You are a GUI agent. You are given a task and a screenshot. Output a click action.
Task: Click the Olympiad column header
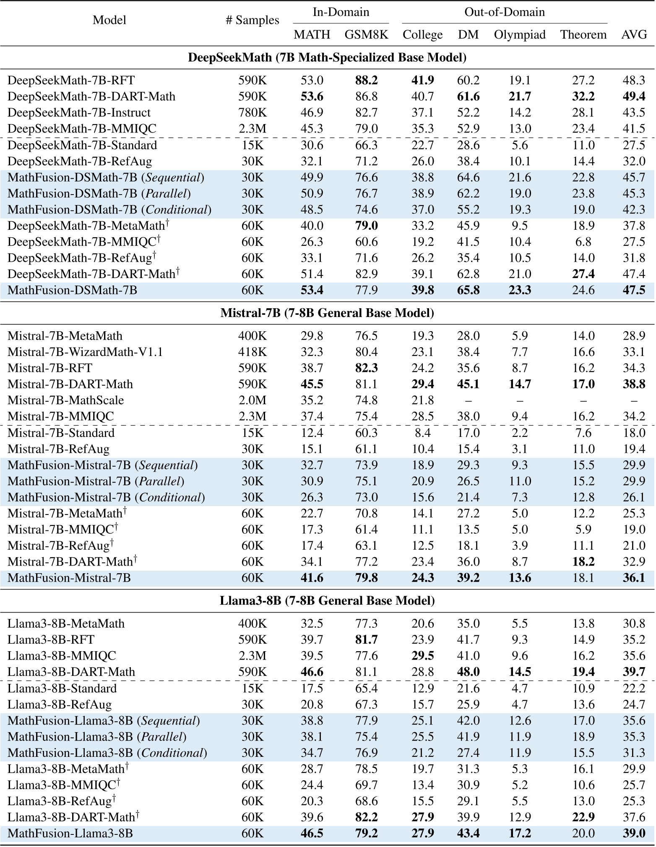[x=519, y=34]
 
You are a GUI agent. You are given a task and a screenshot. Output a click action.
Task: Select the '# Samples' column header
[x=252, y=20]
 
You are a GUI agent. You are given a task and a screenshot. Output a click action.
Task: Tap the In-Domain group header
[x=341, y=12]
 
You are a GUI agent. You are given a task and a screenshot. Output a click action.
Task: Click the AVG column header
[x=634, y=34]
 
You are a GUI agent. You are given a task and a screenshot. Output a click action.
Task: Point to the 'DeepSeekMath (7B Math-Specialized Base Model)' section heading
[x=327, y=57]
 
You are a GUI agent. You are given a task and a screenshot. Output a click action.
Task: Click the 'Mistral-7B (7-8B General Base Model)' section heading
[x=327, y=313]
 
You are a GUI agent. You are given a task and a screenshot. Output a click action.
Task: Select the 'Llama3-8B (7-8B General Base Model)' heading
[x=327, y=601]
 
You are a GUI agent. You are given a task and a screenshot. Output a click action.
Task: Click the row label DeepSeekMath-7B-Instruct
[x=79, y=112]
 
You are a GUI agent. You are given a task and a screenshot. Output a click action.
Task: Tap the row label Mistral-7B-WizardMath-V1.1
[x=85, y=352]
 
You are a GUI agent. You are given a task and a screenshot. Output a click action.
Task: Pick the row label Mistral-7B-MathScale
[x=66, y=400]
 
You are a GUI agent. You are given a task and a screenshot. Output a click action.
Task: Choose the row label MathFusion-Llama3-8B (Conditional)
[x=107, y=753]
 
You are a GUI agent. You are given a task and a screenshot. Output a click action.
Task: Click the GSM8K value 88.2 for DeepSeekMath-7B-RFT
[x=366, y=80]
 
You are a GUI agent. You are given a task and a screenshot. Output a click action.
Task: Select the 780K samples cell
[x=252, y=112]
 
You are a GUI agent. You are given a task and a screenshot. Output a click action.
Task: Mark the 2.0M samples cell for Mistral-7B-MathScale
[x=252, y=400]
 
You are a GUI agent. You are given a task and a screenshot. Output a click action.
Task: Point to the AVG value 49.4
[x=634, y=96]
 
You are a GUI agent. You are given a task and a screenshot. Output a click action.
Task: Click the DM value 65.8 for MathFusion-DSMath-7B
[x=468, y=290]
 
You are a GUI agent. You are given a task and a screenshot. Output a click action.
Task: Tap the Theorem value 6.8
[x=583, y=242]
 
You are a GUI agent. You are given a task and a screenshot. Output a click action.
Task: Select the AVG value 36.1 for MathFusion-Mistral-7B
[x=634, y=578]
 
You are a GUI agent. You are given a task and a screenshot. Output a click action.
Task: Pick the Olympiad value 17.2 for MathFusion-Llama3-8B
[x=519, y=833]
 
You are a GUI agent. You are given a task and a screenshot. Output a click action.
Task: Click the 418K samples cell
[x=252, y=352]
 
